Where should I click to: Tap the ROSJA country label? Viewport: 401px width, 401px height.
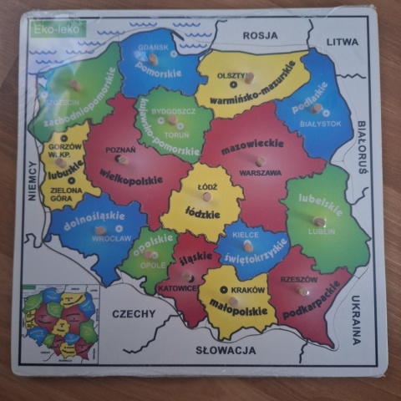(260, 35)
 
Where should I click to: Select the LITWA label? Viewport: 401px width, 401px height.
(342, 41)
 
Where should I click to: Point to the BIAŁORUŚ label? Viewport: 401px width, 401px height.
(362, 147)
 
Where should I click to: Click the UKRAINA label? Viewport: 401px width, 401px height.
(355, 319)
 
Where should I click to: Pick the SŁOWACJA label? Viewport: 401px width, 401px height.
(226, 350)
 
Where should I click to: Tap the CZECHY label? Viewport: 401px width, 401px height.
(134, 314)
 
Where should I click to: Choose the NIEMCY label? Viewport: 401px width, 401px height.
(33, 180)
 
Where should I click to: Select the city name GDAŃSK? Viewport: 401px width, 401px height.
(153, 48)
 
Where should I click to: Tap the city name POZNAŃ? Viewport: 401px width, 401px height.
(120, 150)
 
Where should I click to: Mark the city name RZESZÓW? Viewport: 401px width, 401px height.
(299, 280)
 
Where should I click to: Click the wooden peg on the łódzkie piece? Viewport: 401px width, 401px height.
(206, 196)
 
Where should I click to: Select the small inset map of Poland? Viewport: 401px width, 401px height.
(60, 322)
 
